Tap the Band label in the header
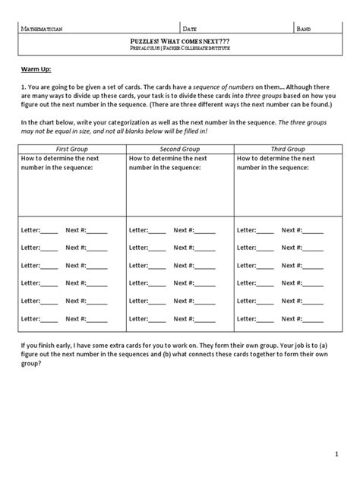304,29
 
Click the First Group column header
72,149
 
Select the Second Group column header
179,149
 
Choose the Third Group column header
288,149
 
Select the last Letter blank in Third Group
265,320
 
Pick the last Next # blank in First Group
97,320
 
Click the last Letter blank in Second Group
157,320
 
